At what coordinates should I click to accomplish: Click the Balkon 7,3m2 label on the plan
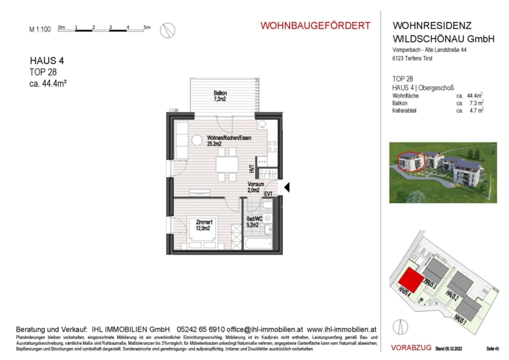point(220,96)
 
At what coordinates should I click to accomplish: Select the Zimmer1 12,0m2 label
point(204,225)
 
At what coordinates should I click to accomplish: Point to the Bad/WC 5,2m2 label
point(253,221)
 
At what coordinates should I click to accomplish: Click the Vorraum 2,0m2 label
point(256,187)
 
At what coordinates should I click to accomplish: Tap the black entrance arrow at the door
point(286,187)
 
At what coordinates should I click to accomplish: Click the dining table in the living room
point(227,164)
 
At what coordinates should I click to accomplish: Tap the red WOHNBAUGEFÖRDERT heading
point(315,25)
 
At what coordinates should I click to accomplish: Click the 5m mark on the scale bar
point(146,27)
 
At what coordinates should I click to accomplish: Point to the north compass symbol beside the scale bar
point(167,31)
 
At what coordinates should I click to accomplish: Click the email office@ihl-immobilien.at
point(266,329)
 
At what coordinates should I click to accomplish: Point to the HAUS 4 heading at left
point(44,61)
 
